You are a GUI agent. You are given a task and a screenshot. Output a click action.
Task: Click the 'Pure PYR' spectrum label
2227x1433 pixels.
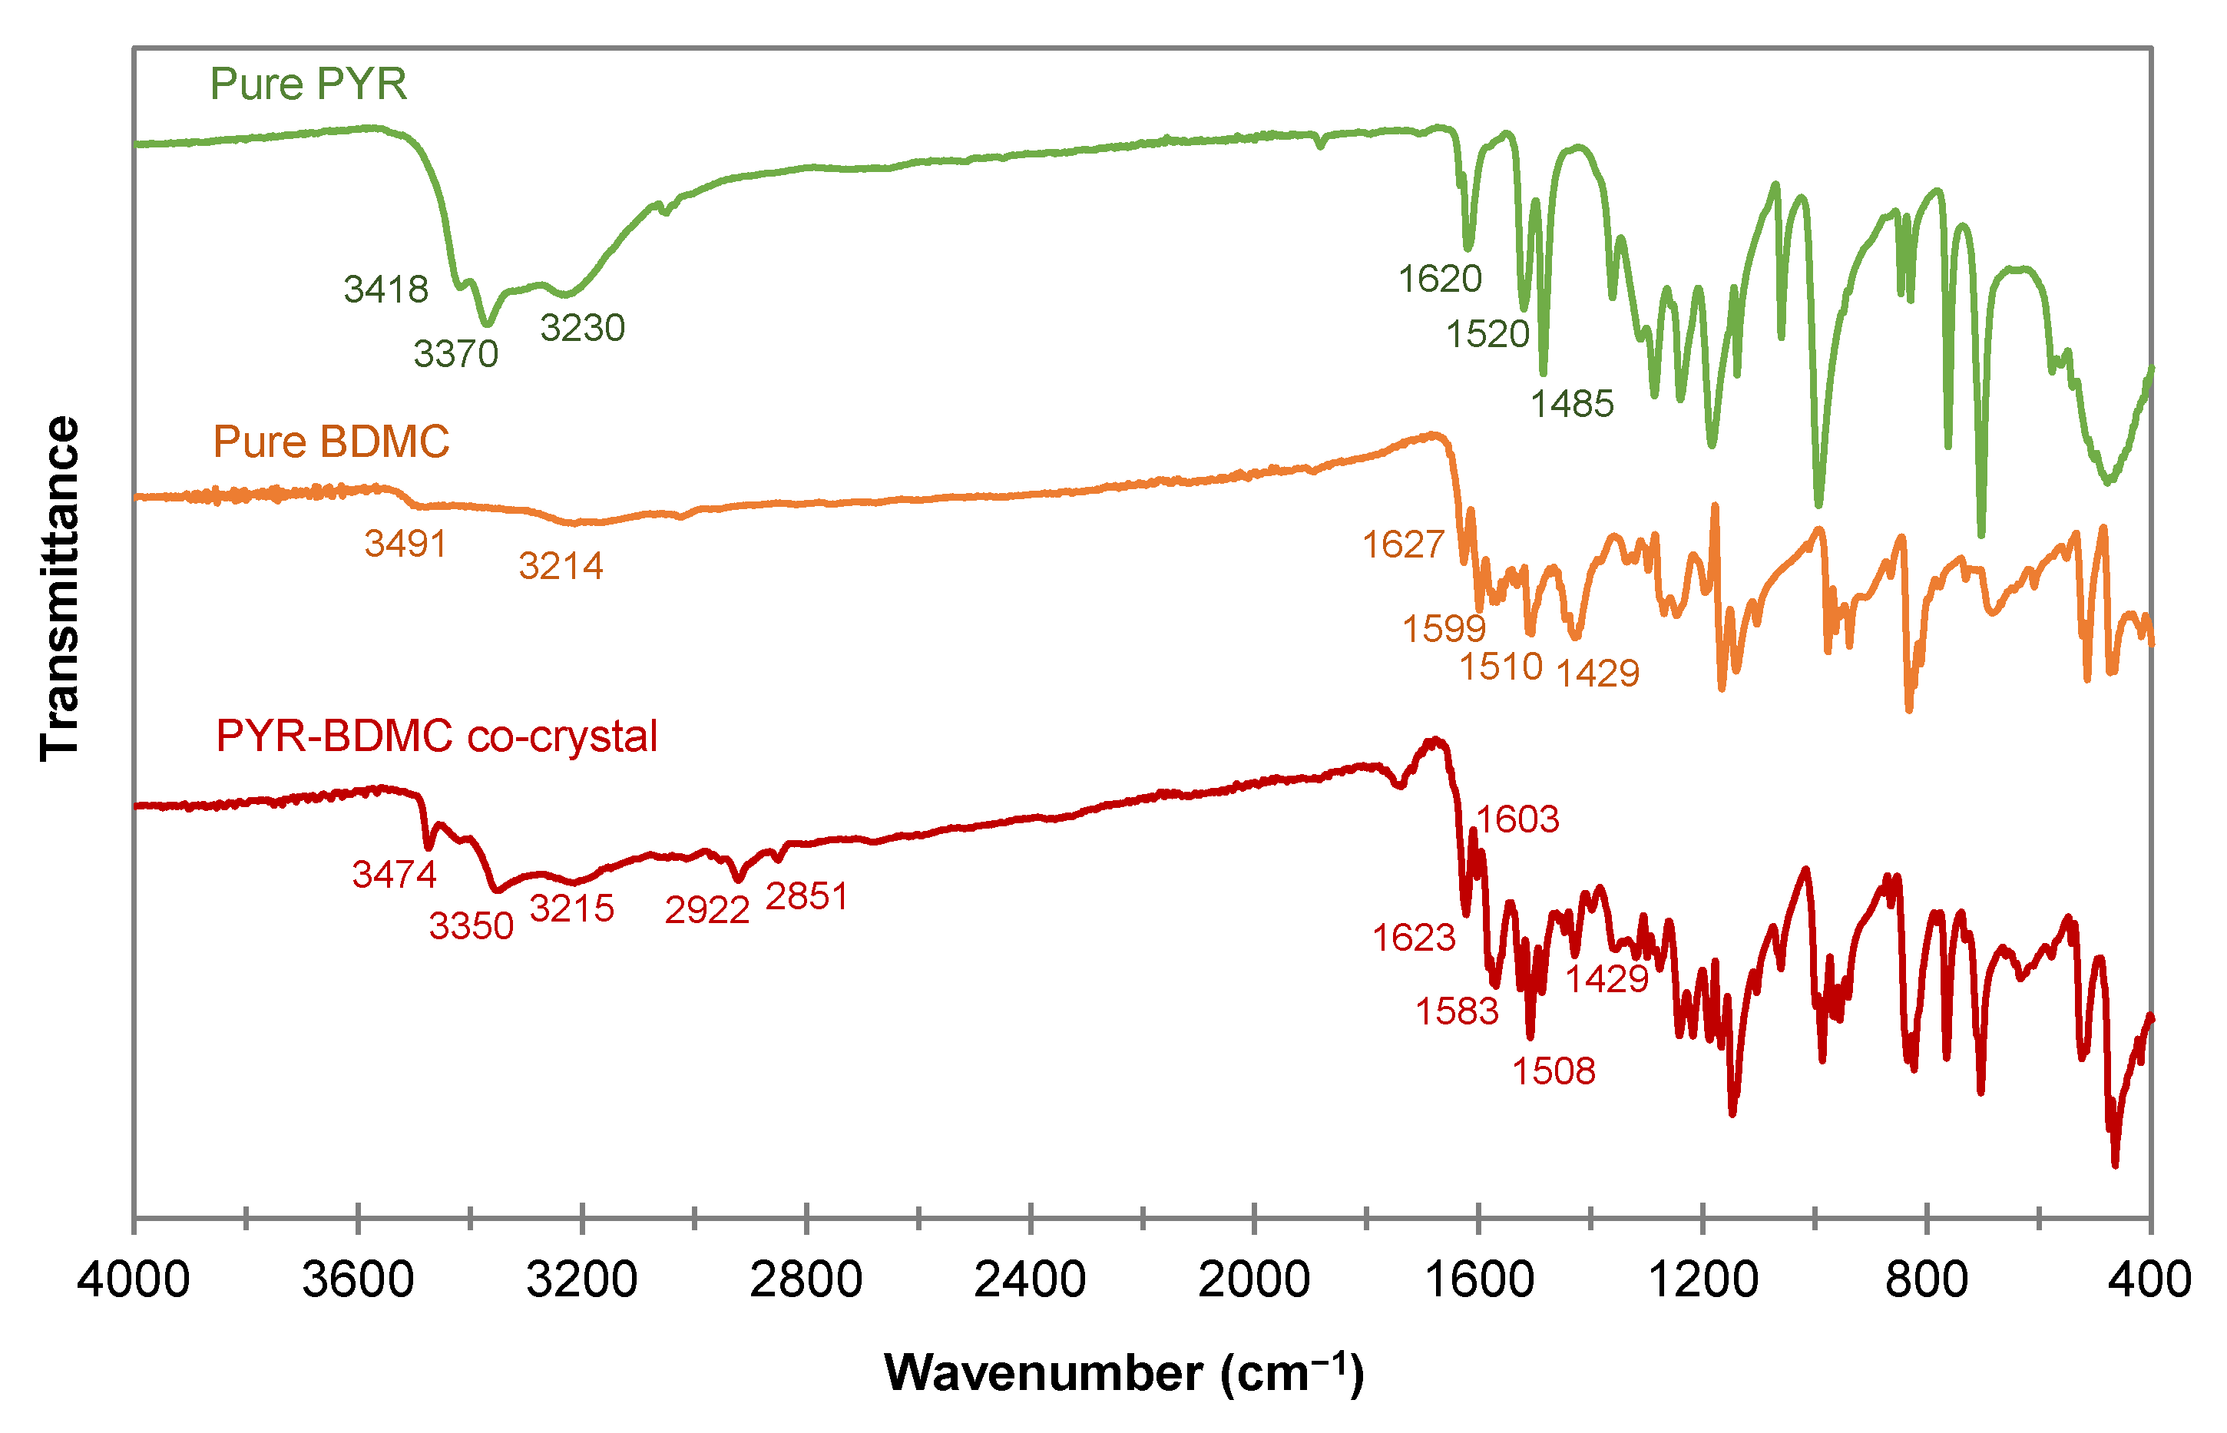click(x=308, y=84)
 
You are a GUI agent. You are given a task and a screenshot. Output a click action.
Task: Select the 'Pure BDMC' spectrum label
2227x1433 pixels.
click(x=331, y=442)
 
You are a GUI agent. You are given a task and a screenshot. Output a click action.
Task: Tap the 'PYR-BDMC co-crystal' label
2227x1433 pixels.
click(x=436, y=736)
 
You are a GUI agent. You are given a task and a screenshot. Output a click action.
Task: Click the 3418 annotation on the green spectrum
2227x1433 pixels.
click(x=386, y=290)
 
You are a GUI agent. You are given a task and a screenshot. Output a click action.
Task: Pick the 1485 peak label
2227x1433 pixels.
click(x=1572, y=405)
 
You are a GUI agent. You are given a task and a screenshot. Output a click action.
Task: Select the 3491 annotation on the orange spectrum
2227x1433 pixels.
click(x=405, y=544)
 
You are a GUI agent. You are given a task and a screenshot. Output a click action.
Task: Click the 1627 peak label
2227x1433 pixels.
click(x=1403, y=545)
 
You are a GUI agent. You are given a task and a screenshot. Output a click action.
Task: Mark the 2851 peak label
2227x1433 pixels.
click(x=806, y=897)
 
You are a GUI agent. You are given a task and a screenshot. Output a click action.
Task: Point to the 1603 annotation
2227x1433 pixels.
click(x=1517, y=819)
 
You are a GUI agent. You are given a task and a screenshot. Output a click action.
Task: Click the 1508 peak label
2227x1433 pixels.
click(x=1554, y=1072)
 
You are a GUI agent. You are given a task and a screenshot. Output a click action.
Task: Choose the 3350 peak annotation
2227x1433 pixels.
click(x=471, y=927)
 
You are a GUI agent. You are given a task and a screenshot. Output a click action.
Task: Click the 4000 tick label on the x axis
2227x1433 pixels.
click(x=133, y=1280)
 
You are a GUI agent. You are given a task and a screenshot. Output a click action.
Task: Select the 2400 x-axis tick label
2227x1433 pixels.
click(x=1030, y=1280)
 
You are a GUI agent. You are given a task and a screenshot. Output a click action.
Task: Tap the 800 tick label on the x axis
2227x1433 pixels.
click(x=1926, y=1280)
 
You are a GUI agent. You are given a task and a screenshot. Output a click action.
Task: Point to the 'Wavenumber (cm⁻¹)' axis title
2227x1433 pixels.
click(x=1123, y=1373)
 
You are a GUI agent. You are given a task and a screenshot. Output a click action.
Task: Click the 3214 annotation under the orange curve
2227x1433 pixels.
click(x=561, y=567)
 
